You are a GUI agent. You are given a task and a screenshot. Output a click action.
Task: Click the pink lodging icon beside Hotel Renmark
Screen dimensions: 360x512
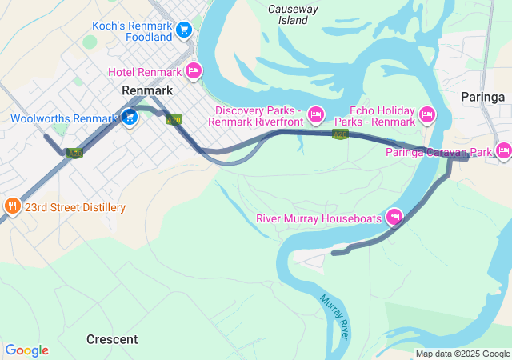(x=193, y=71)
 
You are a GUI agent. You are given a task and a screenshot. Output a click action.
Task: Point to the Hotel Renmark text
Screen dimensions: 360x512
(x=146, y=72)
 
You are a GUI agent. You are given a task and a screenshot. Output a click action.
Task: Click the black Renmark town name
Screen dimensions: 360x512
(x=147, y=90)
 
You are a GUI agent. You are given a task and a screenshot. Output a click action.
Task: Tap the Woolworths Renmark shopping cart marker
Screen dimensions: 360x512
(x=130, y=118)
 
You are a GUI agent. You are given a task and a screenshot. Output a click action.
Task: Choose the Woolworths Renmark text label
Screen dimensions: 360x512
(x=64, y=118)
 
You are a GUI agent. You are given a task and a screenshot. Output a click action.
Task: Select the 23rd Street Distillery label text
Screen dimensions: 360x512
(x=74, y=208)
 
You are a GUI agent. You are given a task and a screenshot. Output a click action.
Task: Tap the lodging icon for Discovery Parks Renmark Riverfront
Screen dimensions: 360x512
(x=316, y=115)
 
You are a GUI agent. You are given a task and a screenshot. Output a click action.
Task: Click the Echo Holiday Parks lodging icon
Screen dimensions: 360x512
(x=427, y=115)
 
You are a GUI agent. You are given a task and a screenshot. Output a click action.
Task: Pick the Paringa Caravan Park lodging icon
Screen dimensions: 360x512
(x=503, y=150)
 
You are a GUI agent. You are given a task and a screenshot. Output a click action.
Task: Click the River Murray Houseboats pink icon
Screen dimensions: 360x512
(x=394, y=217)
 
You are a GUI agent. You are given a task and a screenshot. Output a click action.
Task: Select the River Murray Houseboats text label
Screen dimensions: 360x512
(x=319, y=218)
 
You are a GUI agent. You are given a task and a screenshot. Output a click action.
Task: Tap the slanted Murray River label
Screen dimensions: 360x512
(x=334, y=317)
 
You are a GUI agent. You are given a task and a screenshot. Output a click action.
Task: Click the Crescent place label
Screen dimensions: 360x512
(x=112, y=339)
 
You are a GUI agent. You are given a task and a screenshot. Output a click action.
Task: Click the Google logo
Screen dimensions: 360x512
(x=26, y=350)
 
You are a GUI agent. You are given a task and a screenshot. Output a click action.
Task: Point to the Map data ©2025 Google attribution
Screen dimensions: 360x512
(x=462, y=354)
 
